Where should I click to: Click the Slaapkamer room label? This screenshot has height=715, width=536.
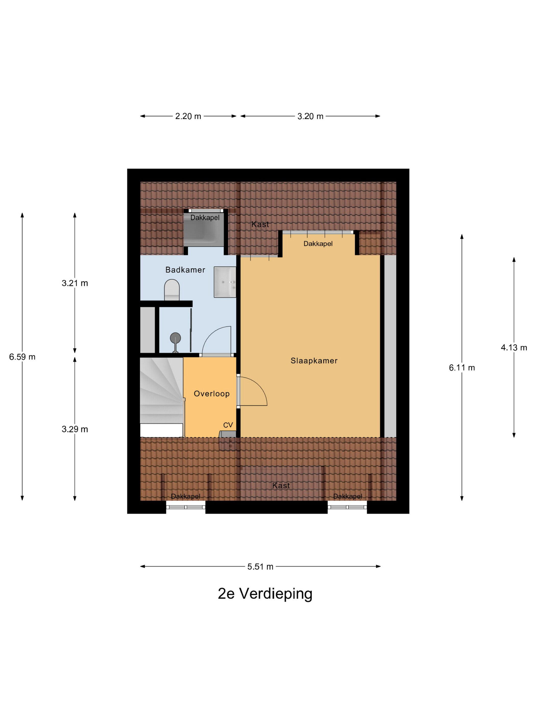314,361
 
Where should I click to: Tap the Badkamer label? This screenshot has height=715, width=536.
185,270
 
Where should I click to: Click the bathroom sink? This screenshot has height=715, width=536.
225,282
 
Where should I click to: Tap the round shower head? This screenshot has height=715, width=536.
175,338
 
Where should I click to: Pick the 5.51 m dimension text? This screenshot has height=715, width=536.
260,566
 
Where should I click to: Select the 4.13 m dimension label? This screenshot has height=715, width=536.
514,348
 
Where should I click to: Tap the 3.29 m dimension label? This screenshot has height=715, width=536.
75,429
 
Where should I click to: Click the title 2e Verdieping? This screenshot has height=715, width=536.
265,593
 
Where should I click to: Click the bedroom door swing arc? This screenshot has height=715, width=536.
259,385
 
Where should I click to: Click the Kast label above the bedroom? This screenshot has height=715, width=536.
260,224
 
